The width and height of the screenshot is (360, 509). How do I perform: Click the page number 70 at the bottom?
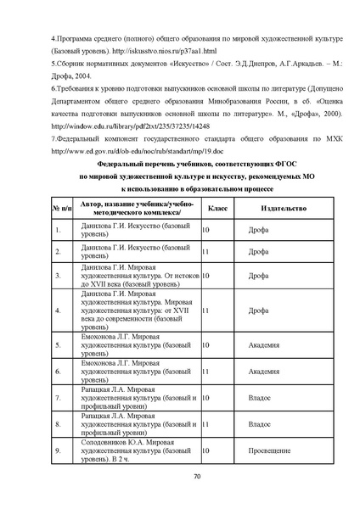click(195, 478)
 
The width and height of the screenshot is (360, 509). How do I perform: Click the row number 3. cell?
click(58, 276)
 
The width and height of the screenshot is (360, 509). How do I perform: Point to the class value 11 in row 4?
click(205, 310)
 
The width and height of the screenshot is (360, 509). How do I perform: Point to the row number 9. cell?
click(58, 450)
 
